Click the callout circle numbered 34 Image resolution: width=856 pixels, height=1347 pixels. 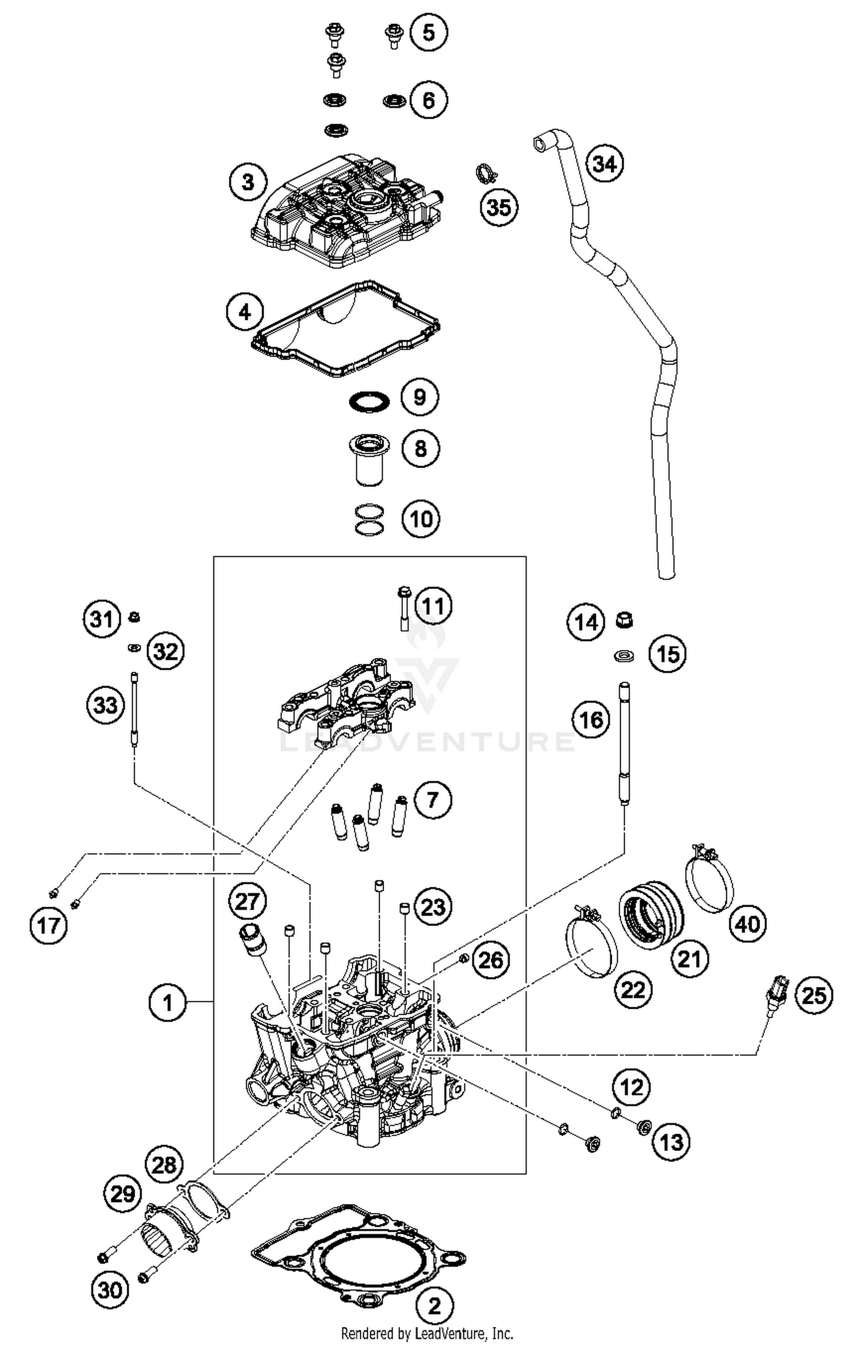click(x=605, y=164)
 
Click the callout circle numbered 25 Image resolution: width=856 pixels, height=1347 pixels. click(x=814, y=995)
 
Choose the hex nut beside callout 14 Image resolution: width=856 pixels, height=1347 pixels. click(x=625, y=619)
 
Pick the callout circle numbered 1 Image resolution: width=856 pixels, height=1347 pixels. click(x=167, y=1002)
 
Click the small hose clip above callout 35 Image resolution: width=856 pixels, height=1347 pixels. click(x=486, y=173)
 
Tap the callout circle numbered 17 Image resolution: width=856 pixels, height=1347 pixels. click(x=49, y=925)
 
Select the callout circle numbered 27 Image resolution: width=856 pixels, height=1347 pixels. click(x=248, y=902)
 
